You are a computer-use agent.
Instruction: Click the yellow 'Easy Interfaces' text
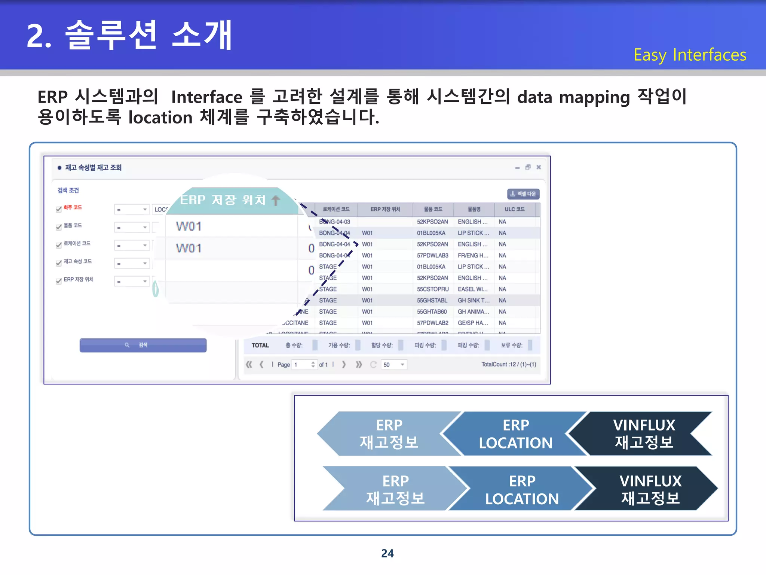[x=690, y=55]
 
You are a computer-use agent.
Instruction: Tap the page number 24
[x=387, y=553]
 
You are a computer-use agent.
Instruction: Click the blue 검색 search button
[x=143, y=345]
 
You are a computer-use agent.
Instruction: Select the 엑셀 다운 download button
[x=523, y=194]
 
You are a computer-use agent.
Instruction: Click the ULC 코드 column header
[x=514, y=209]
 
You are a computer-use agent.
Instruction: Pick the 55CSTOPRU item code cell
[x=432, y=289]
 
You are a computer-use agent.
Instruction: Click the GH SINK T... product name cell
[x=473, y=300]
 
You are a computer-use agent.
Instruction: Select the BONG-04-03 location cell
[x=334, y=222]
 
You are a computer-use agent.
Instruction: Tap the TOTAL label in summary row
[x=260, y=345]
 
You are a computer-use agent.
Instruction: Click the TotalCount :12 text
[x=508, y=364]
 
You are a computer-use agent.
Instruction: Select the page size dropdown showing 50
[x=394, y=365]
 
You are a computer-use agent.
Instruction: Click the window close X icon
[x=539, y=167]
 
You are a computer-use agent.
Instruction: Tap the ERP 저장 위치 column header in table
[x=385, y=209]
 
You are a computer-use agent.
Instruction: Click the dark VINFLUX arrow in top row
[x=644, y=433]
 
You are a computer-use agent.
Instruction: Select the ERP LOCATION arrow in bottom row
[x=522, y=489]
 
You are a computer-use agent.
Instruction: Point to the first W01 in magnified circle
[x=189, y=226]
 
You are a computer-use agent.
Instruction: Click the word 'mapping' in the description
[x=594, y=97]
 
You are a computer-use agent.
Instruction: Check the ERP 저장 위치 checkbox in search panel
[x=59, y=281]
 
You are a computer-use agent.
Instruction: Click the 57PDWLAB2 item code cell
[x=432, y=323]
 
